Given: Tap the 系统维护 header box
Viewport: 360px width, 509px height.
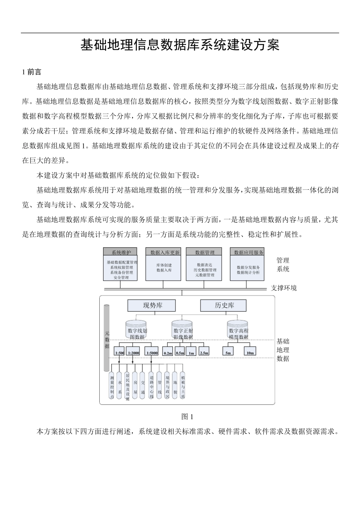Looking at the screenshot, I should tap(121, 252).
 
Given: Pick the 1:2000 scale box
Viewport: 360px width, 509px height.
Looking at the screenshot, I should tap(133, 353).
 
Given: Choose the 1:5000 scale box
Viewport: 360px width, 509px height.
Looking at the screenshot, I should tap(152, 353).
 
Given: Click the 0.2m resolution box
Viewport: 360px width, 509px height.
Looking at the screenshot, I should tap(167, 353).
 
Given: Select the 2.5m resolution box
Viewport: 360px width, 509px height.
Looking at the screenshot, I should tap(204, 353).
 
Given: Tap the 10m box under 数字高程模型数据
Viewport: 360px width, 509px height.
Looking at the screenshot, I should tap(250, 353).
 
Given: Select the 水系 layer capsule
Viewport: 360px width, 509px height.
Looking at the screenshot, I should tap(120, 385).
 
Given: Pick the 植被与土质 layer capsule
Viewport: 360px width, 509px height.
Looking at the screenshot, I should tap(183, 385).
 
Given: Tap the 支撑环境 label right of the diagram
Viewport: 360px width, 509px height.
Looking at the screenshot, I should tap(284, 288).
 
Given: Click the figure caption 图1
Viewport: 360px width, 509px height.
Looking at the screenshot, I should tap(187, 417).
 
